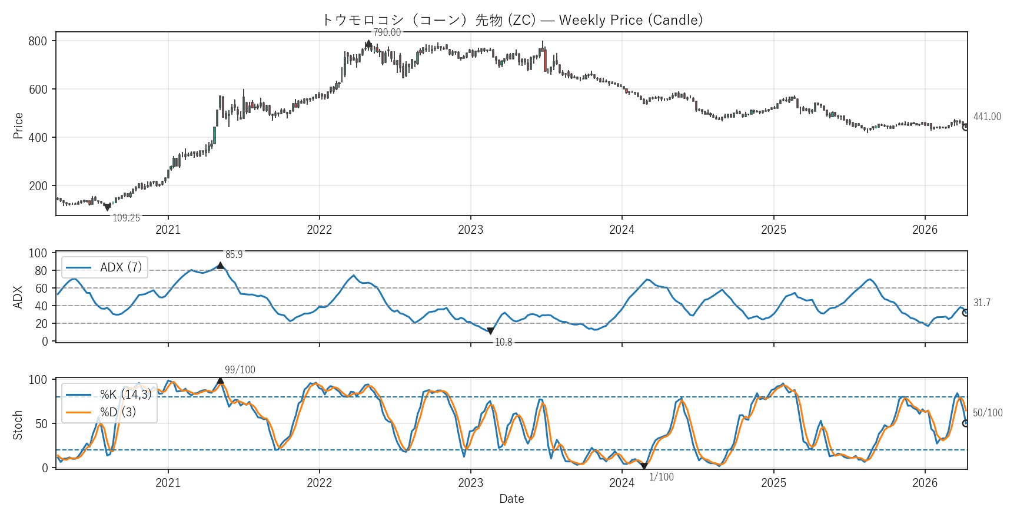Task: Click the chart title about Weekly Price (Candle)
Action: [x=512, y=20]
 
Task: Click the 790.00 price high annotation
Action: [x=387, y=33]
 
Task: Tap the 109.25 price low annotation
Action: [x=126, y=218]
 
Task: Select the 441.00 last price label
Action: [x=986, y=117]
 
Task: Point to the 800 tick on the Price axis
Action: [x=38, y=41]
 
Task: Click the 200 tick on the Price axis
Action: [x=38, y=186]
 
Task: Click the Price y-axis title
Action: [x=18, y=125]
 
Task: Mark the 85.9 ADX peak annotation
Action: [x=234, y=255]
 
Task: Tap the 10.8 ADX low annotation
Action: [x=503, y=343]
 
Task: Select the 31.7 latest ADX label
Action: [x=982, y=303]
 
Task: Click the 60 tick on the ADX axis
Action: [x=41, y=289]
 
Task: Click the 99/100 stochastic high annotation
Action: [x=240, y=370]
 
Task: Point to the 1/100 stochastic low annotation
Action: [x=662, y=478]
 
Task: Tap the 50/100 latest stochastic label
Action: [x=987, y=413]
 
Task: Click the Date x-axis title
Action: [x=511, y=499]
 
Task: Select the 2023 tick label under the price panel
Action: [x=470, y=230]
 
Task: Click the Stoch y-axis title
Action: [x=18, y=425]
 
